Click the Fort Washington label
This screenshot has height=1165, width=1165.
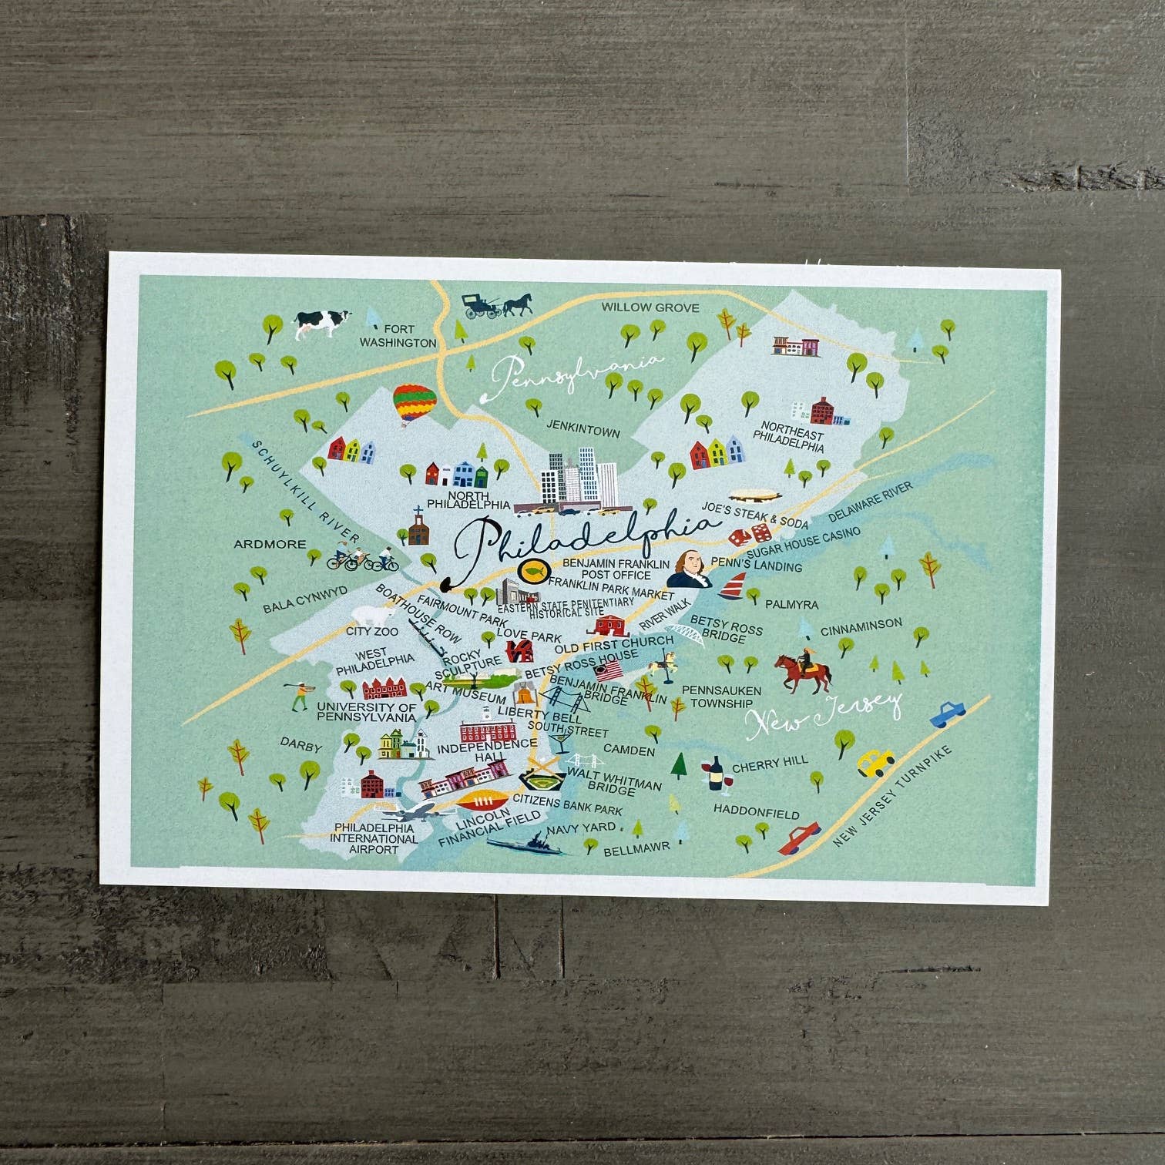(398, 336)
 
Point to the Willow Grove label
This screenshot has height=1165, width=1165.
(650, 307)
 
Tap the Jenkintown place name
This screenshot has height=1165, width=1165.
(583, 428)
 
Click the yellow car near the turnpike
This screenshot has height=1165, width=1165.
(876, 763)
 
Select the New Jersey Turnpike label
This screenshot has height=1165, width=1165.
(893, 797)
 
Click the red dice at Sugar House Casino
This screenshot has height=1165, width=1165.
(749, 533)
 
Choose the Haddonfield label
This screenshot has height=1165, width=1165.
(756, 811)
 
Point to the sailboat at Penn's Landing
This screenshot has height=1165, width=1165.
(733, 586)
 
